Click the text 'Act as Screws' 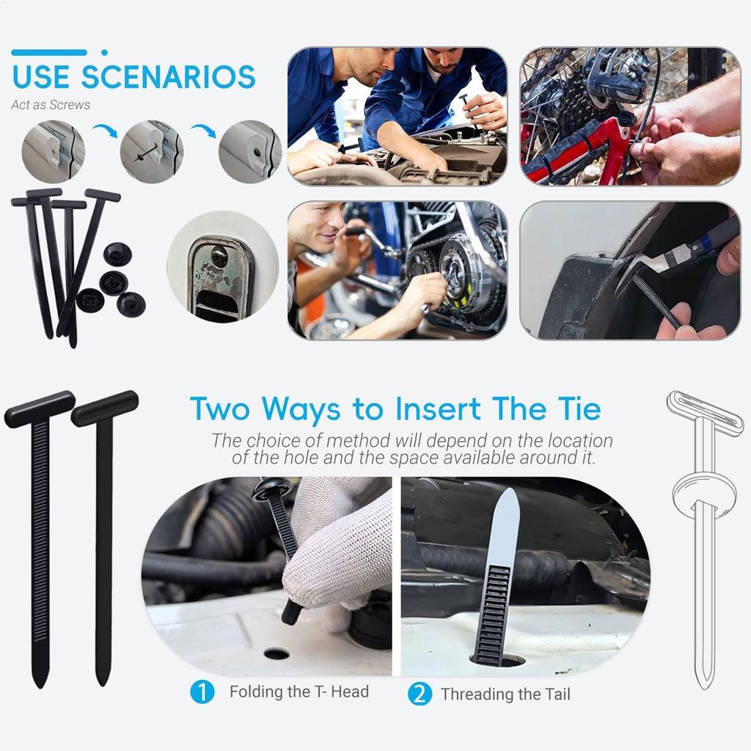51,105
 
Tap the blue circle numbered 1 202,692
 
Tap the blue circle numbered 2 420,694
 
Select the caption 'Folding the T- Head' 298,692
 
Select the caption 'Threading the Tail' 505,694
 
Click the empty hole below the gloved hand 276,653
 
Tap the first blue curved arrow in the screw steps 103,133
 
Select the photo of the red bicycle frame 629,116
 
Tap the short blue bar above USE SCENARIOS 49,53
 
